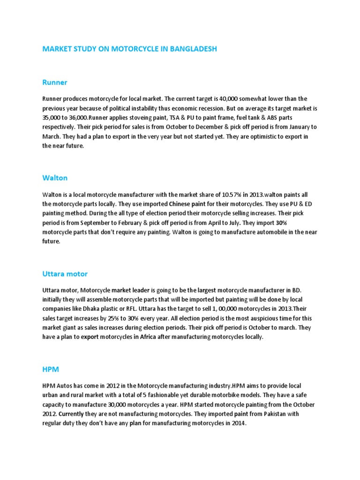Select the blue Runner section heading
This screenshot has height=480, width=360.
[55, 82]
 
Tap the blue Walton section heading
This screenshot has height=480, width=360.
[55, 178]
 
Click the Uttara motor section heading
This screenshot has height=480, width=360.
[65, 274]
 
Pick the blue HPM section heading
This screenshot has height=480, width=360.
[51, 369]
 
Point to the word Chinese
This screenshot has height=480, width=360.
[181, 204]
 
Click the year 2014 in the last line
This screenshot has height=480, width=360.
[238, 423]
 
